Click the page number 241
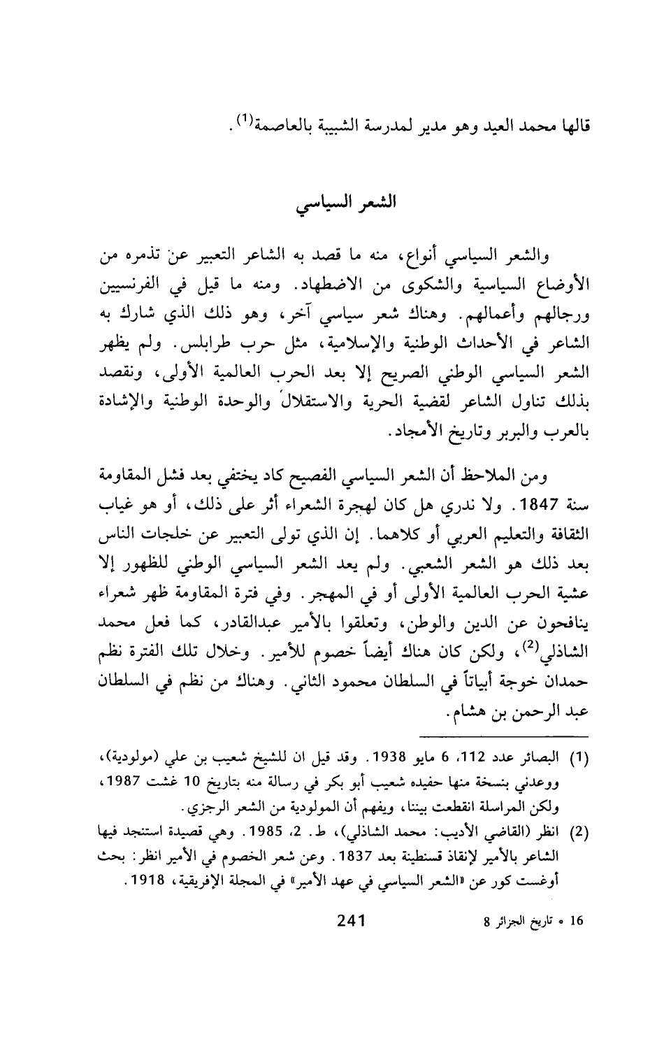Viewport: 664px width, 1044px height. point(352,996)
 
